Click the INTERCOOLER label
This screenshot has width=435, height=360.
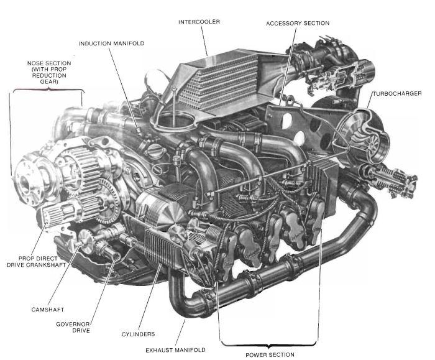click(199, 22)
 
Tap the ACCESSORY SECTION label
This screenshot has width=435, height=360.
click(298, 23)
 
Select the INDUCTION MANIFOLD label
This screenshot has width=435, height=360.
click(111, 44)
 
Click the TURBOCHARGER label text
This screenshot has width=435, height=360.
click(397, 93)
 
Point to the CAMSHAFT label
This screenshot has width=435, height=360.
click(48, 310)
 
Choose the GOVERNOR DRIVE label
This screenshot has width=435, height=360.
click(73, 327)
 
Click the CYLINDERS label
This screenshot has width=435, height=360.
click(138, 334)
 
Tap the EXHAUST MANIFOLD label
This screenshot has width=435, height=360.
click(175, 350)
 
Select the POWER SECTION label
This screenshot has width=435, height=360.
click(270, 355)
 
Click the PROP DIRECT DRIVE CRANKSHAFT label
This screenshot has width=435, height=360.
click(36, 262)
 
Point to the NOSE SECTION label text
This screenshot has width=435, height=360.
click(49, 73)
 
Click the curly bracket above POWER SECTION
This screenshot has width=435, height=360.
click(268, 344)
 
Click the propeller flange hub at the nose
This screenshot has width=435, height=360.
click(25, 180)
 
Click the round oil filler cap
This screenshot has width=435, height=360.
click(152, 150)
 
